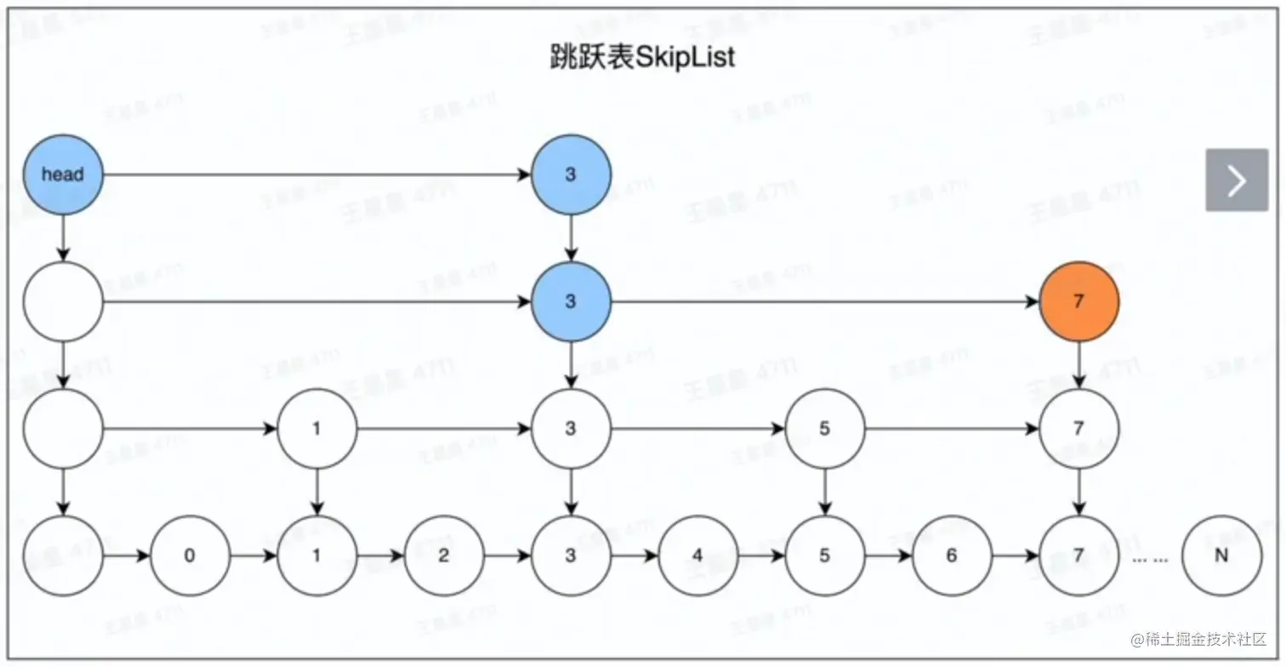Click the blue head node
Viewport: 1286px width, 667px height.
tap(63, 174)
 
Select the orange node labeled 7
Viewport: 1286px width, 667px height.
tap(1078, 301)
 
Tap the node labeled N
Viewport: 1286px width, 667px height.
tap(1221, 556)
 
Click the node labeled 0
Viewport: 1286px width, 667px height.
tap(190, 556)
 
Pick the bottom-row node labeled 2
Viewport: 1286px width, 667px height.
tap(444, 556)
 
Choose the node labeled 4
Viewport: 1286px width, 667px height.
tap(697, 556)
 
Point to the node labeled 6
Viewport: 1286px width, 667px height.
tap(952, 556)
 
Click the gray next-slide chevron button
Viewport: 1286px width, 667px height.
tap(1237, 180)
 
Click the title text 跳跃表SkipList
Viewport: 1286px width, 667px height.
tap(642, 58)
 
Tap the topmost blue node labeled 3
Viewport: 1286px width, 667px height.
tap(571, 174)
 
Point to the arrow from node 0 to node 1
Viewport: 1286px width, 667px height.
tap(253, 556)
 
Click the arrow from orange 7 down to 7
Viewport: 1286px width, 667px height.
tap(1078, 364)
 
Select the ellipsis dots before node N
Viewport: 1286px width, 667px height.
tap(1150, 558)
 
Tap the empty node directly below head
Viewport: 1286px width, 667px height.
tap(63, 301)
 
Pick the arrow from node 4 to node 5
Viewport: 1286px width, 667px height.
tap(761, 556)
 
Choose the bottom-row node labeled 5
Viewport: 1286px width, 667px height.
tap(824, 556)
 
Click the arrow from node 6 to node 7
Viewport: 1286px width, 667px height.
tap(1016, 556)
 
